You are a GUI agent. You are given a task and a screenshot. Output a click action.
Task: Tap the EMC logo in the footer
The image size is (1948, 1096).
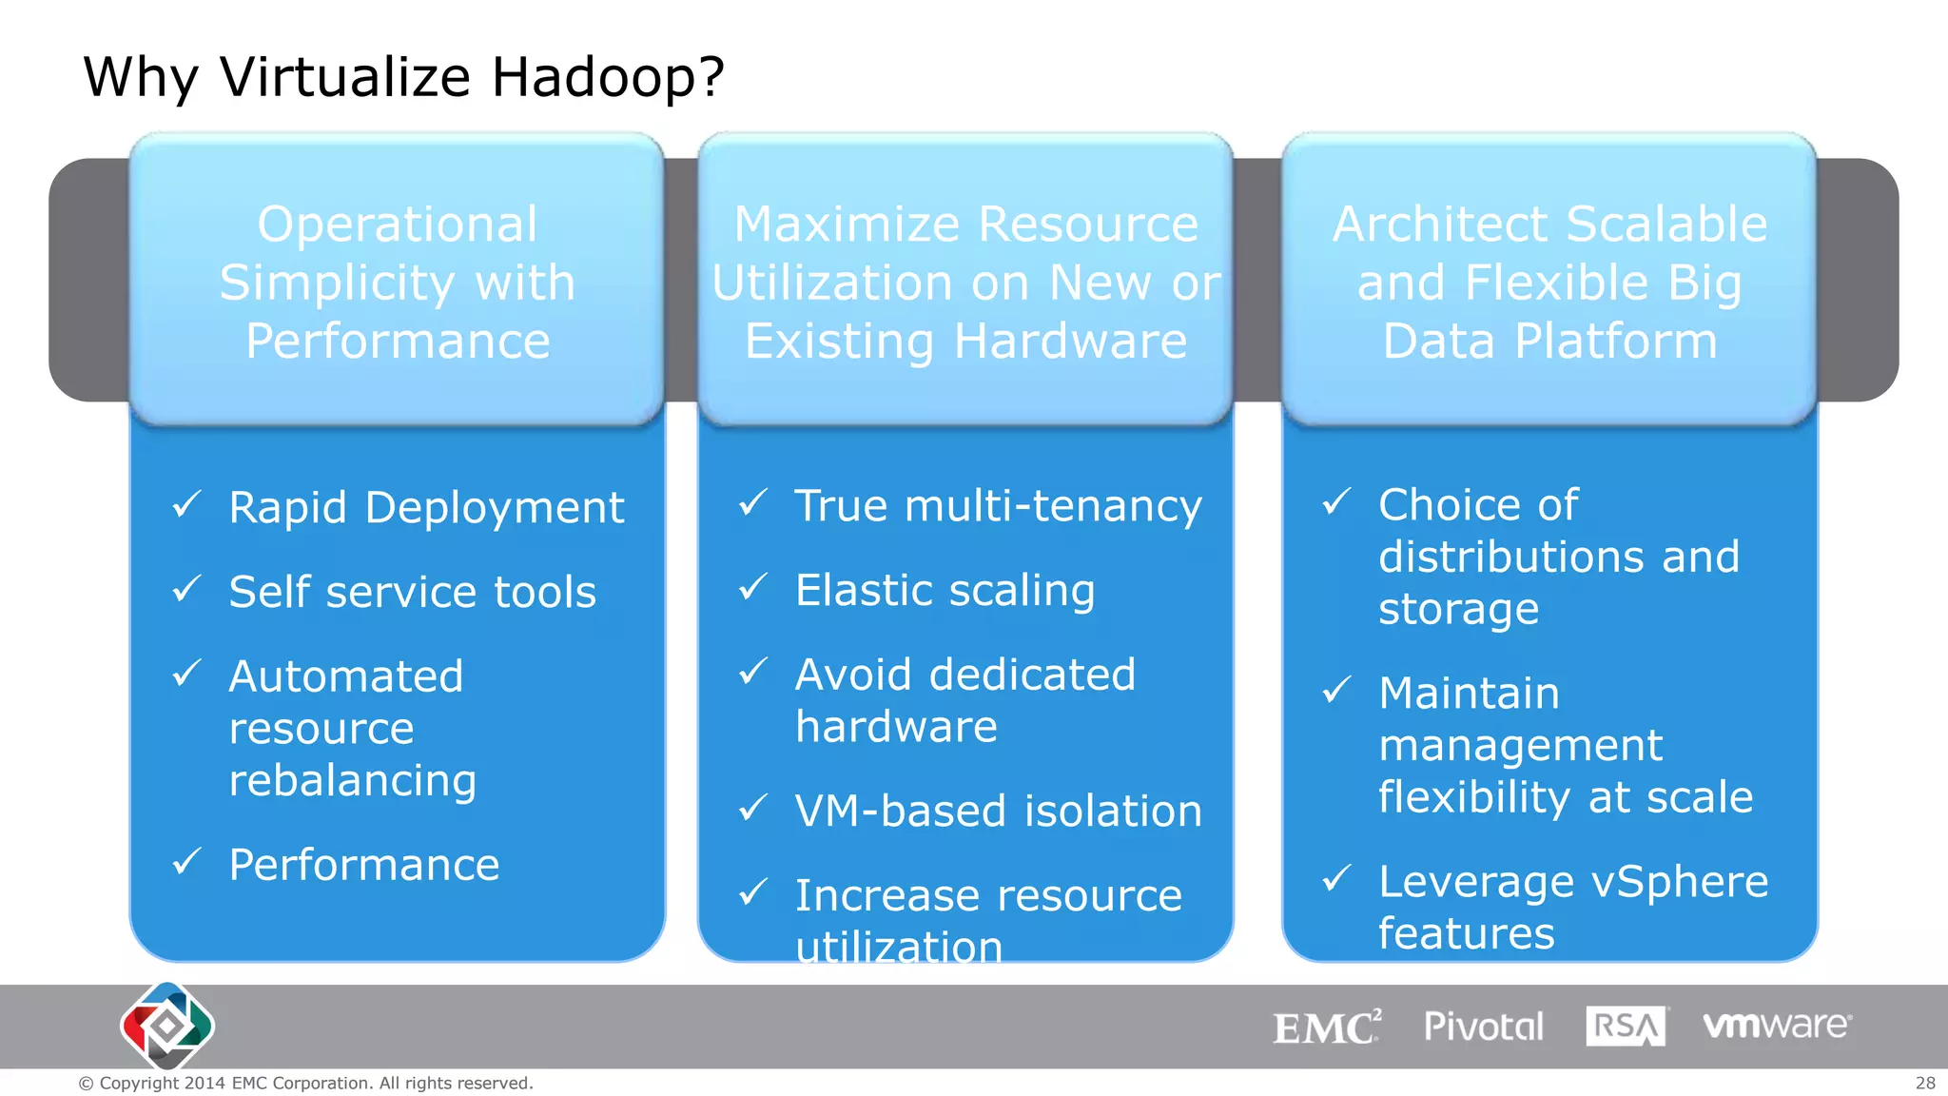click(x=1327, y=1027)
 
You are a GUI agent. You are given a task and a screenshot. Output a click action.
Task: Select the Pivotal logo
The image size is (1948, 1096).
click(x=1483, y=1027)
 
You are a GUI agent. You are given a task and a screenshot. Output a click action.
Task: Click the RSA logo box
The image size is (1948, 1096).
click(x=1626, y=1027)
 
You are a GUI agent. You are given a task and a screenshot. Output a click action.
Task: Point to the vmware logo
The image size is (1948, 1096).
click(x=1777, y=1026)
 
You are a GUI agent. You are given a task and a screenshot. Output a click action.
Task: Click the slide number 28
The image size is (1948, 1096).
click(x=1925, y=1083)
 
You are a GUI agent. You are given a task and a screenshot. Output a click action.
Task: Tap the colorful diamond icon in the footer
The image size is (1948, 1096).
click(x=167, y=1026)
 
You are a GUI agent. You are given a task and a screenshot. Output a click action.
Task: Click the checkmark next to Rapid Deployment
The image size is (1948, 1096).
click(x=187, y=504)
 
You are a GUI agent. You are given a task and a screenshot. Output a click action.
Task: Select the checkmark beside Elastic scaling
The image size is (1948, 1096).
click(x=753, y=587)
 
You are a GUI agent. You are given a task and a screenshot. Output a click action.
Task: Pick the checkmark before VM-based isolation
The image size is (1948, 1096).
click(x=753, y=809)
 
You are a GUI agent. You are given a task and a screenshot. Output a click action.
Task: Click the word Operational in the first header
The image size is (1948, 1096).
click(x=398, y=225)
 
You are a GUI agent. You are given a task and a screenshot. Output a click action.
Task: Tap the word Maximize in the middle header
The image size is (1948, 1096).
click(x=847, y=225)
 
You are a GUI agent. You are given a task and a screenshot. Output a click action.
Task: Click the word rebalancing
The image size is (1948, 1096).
click(x=353, y=781)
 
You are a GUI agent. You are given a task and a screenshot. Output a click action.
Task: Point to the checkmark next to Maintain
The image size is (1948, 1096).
click(x=1337, y=690)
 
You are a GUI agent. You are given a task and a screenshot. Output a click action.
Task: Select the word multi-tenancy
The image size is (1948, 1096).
click(x=1053, y=505)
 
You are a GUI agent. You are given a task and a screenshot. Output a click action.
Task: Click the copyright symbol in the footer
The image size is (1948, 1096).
click(x=86, y=1084)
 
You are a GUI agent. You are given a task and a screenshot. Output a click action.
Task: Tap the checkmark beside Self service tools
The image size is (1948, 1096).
click(x=187, y=589)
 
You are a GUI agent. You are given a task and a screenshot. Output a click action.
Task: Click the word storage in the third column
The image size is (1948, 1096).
click(x=1458, y=609)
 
